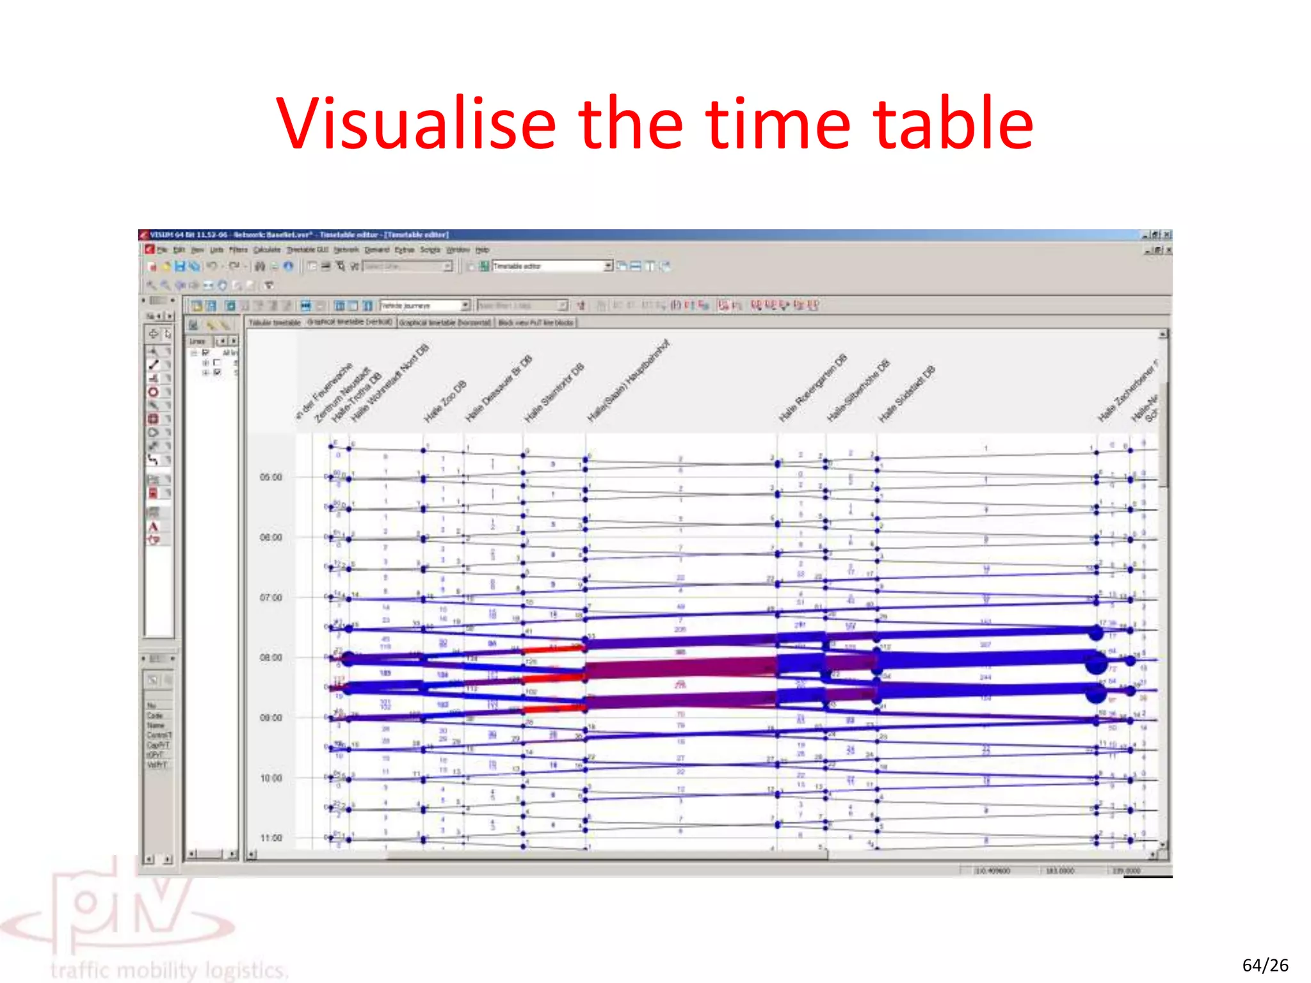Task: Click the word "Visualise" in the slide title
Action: coord(416,124)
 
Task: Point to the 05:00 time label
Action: coord(271,477)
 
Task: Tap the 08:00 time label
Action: coord(271,658)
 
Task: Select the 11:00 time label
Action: coord(271,838)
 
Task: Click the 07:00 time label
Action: coord(271,598)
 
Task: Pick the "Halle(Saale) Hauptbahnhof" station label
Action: coord(628,381)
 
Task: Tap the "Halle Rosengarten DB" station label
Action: coord(812,388)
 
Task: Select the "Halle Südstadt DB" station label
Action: coord(906,394)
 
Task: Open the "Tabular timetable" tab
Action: coord(275,323)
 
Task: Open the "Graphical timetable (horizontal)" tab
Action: coord(445,323)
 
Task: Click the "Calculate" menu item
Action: coord(266,250)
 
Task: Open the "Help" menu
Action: coord(482,250)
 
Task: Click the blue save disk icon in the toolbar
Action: coord(180,266)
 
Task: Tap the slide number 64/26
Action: coord(1265,965)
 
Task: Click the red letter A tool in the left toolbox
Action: coord(154,527)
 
